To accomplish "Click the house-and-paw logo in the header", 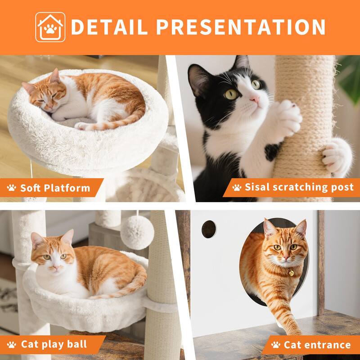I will coord(50,27).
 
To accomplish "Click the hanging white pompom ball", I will coord(137,232).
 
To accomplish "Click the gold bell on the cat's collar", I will coord(291,272).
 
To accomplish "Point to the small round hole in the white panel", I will coord(208,229).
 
